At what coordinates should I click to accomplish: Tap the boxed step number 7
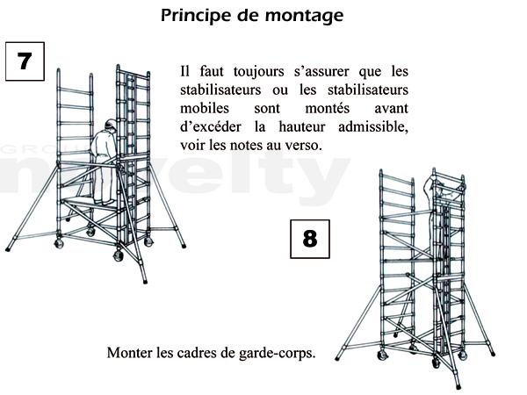[25, 61]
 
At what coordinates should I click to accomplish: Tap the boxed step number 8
[310, 239]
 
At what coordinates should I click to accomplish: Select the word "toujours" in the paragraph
[259, 71]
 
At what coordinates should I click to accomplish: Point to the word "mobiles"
[205, 108]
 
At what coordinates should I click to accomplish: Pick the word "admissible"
[373, 127]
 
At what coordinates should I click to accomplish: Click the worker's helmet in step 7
[111, 124]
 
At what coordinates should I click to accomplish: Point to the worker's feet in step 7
[105, 202]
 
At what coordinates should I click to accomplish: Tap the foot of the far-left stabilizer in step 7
[8, 249]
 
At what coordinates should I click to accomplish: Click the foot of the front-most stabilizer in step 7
[145, 282]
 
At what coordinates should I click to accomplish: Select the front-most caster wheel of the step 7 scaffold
[119, 255]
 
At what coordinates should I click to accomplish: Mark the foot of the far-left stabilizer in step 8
[337, 358]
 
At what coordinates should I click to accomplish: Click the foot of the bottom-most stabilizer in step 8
[458, 387]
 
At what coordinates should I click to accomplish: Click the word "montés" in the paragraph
[327, 108]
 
